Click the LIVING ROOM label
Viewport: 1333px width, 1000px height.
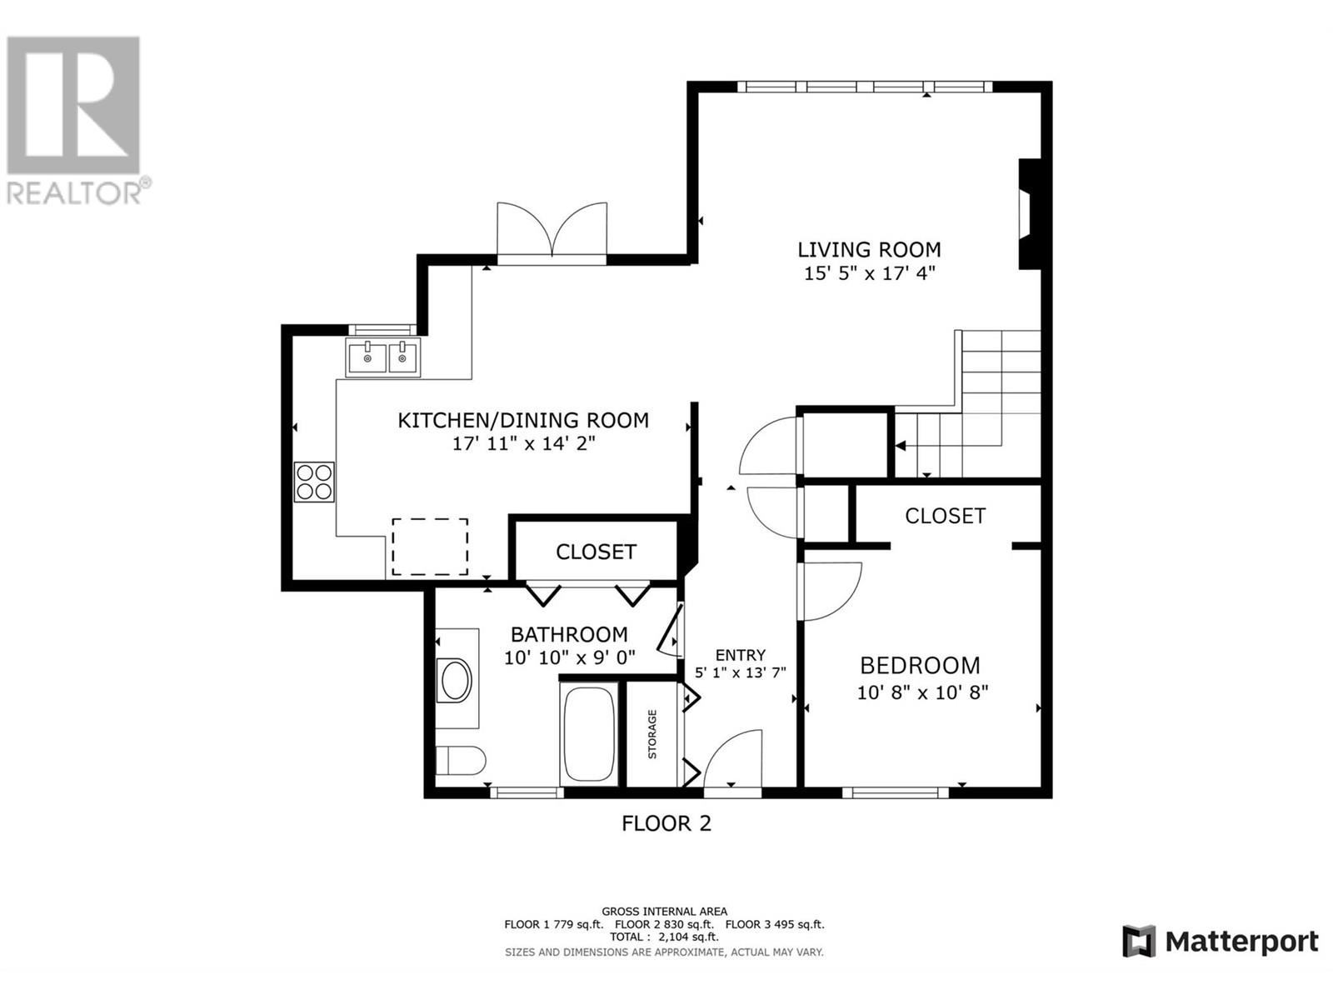[869, 249]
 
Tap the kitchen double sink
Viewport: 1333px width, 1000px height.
[384, 358]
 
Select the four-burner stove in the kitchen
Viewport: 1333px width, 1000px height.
[314, 482]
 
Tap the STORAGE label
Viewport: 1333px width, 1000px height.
[652, 734]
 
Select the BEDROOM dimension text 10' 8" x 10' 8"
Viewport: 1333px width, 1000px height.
[922, 692]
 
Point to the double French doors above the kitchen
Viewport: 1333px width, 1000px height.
[552, 233]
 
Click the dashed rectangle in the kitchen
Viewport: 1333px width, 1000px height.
[430, 547]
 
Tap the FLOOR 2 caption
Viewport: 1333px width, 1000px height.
[666, 824]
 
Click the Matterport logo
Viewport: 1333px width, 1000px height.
[1221, 942]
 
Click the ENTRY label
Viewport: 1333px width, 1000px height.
[740, 656]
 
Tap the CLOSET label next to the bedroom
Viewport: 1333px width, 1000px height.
[945, 516]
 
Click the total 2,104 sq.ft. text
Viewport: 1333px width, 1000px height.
[664, 937]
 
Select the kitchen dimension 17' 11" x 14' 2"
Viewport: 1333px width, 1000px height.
[523, 444]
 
